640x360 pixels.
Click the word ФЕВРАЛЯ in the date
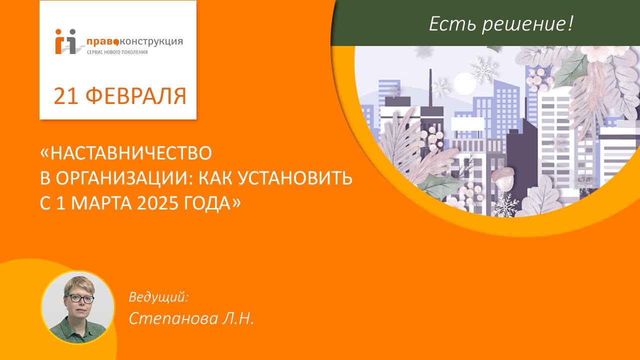[x=136, y=96]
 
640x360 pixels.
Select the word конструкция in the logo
[x=150, y=41]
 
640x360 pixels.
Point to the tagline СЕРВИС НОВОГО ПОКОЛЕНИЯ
[x=117, y=52]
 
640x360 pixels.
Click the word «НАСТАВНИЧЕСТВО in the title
[x=126, y=153]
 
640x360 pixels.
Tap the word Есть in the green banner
[x=451, y=23]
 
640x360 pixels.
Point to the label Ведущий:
[x=158, y=296]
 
